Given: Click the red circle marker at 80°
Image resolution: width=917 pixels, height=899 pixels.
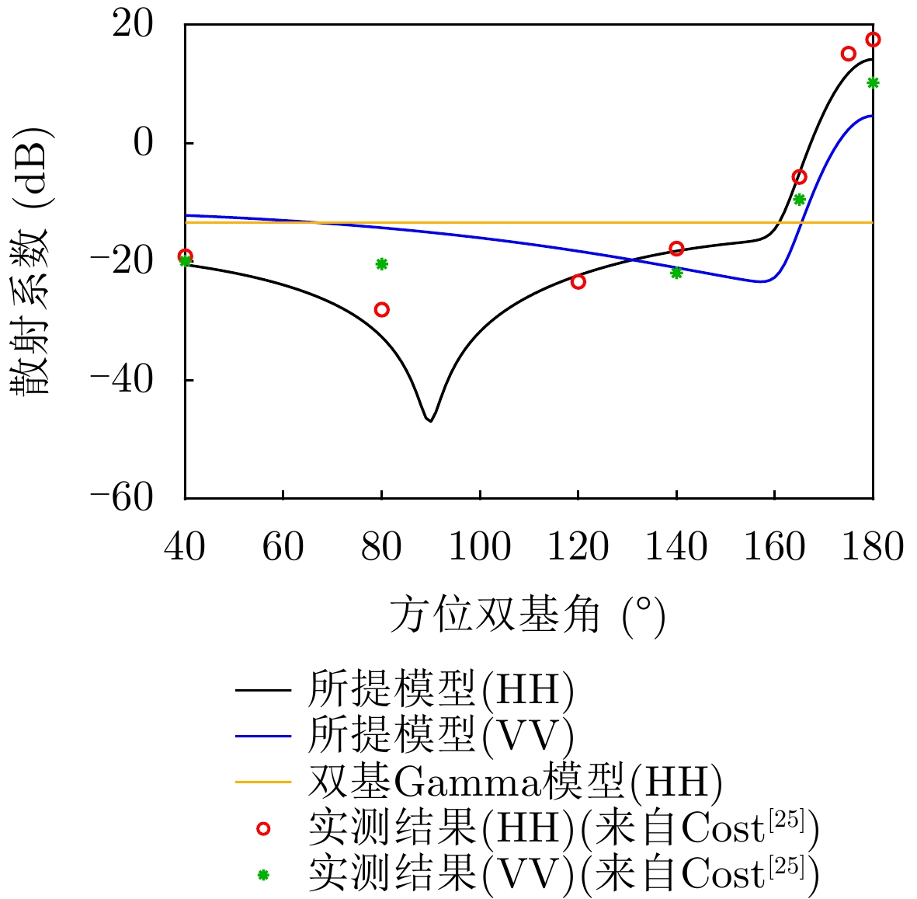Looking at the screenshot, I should coord(381,309).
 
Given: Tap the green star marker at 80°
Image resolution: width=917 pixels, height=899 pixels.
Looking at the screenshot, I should coord(381,264).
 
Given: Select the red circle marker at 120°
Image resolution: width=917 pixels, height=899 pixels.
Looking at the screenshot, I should coord(578,281).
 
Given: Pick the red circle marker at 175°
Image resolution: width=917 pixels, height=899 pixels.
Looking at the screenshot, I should coord(848,54).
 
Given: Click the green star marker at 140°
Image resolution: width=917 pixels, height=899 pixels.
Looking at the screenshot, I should coord(676,273).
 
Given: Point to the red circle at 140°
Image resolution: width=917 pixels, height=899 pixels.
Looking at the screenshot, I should coord(676,249).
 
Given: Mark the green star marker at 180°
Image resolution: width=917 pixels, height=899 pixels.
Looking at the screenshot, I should coord(873,83).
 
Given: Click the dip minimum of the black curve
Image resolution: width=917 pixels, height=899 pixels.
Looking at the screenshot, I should coord(429,420).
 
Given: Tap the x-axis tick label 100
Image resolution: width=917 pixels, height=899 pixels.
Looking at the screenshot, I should coord(479,547).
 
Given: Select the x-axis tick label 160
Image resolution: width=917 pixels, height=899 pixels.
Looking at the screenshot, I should coord(774,547).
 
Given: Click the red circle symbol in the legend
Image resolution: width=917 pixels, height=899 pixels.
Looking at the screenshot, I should coord(263,829).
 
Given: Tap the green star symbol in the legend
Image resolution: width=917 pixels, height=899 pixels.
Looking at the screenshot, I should coord(263,875).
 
